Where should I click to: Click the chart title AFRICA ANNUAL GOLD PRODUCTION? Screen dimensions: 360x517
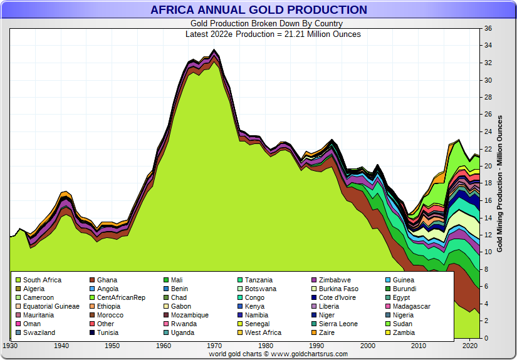(x=258, y=10)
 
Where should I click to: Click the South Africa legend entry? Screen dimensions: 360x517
(x=42, y=280)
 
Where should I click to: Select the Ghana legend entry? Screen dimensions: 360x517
(x=107, y=280)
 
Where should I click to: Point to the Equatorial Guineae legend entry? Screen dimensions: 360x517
(x=51, y=306)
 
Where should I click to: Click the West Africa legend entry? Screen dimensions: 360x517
(x=263, y=332)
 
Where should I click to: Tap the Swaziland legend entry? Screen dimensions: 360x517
(x=39, y=332)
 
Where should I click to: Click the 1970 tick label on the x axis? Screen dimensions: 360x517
(x=214, y=346)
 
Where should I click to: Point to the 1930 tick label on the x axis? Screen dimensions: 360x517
(x=11, y=346)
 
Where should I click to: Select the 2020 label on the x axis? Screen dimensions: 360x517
(x=470, y=346)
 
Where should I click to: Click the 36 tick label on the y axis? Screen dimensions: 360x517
(x=488, y=29)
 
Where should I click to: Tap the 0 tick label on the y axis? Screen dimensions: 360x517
(x=486, y=338)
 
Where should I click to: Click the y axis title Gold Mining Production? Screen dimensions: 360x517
(x=500, y=183)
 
